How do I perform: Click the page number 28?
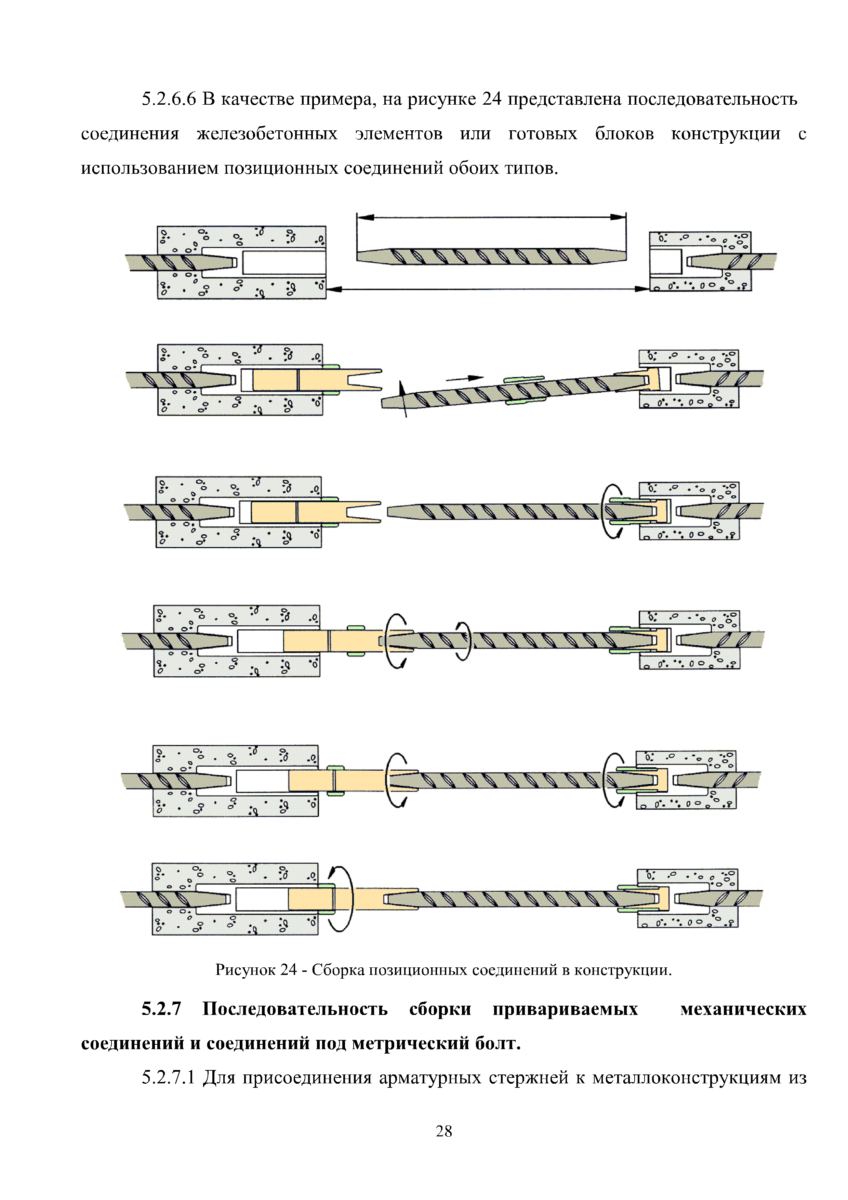coord(443,1132)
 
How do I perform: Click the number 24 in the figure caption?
coord(288,970)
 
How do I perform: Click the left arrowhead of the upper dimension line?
coord(366,217)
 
